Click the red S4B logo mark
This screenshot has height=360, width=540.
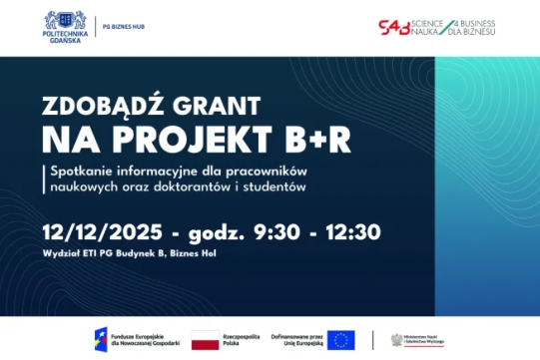pos(397,26)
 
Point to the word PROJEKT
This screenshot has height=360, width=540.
pos(204,139)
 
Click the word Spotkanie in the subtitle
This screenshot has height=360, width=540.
pos(83,170)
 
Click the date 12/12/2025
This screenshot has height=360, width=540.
pos(102,232)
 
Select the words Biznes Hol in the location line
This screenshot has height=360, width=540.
pos(194,253)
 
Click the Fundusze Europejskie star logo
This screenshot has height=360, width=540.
pos(102,339)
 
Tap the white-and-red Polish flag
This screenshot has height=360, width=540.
pos(205,339)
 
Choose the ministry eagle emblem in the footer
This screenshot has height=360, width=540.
pos(397,339)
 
